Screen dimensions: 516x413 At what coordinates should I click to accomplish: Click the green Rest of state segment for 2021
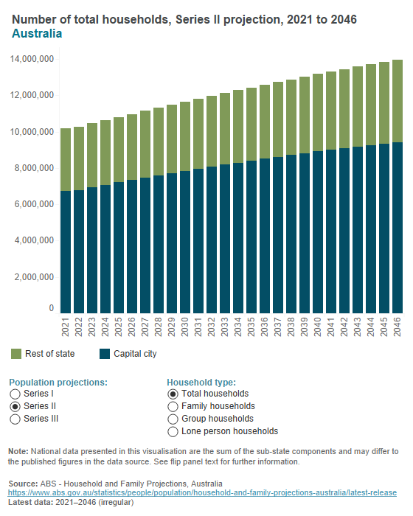coord(66,159)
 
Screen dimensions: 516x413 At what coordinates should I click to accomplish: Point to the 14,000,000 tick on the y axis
coord(31,59)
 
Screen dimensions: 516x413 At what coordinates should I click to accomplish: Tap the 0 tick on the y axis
coord(51,308)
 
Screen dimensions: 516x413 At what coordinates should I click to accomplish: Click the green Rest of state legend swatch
coord(15,355)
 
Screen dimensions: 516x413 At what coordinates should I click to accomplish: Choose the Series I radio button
coord(15,394)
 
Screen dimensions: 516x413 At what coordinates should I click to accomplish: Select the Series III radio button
coord(15,419)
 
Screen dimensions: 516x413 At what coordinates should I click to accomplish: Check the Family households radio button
coord(173,407)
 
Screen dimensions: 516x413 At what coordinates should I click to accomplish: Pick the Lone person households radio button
coord(173,432)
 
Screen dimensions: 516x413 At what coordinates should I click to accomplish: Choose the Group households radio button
coord(173,419)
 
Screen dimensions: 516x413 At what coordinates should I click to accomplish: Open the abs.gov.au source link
coord(202,492)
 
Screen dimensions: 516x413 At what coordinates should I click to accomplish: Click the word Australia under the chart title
coord(37,34)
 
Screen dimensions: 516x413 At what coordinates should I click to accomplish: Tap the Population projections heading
coord(58,383)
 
